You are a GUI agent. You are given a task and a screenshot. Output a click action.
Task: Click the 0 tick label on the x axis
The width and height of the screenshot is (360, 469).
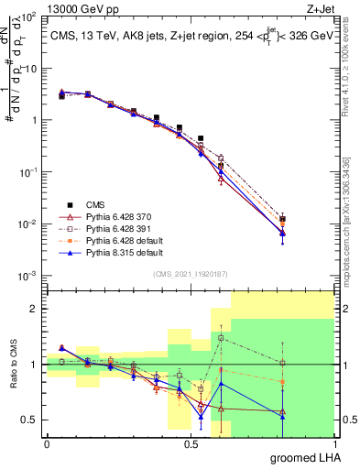[x=47, y=443]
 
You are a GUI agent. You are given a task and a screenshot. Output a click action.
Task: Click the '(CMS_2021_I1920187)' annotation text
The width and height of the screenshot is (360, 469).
[x=190, y=272]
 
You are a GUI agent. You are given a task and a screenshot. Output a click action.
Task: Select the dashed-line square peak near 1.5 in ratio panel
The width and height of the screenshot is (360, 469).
[x=220, y=338]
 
